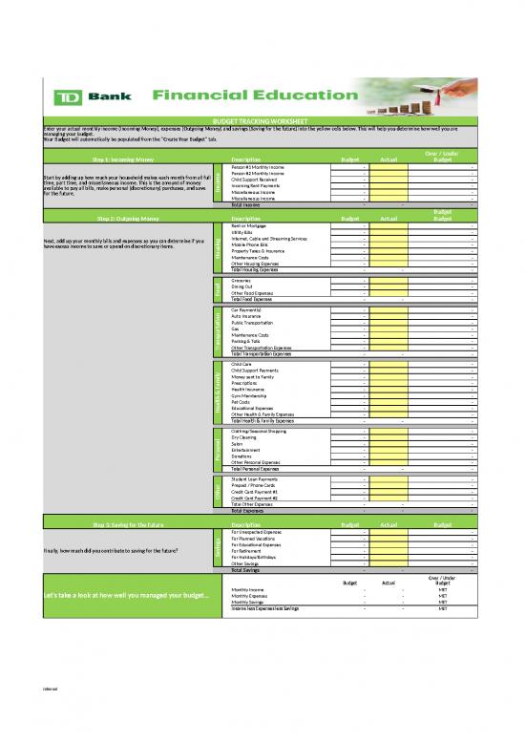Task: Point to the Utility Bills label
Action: click(244, 231)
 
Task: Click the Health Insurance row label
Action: click(250, 390)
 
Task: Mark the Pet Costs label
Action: click(242, 402)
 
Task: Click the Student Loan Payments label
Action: click(255, 479)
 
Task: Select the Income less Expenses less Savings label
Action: click(265, 608)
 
